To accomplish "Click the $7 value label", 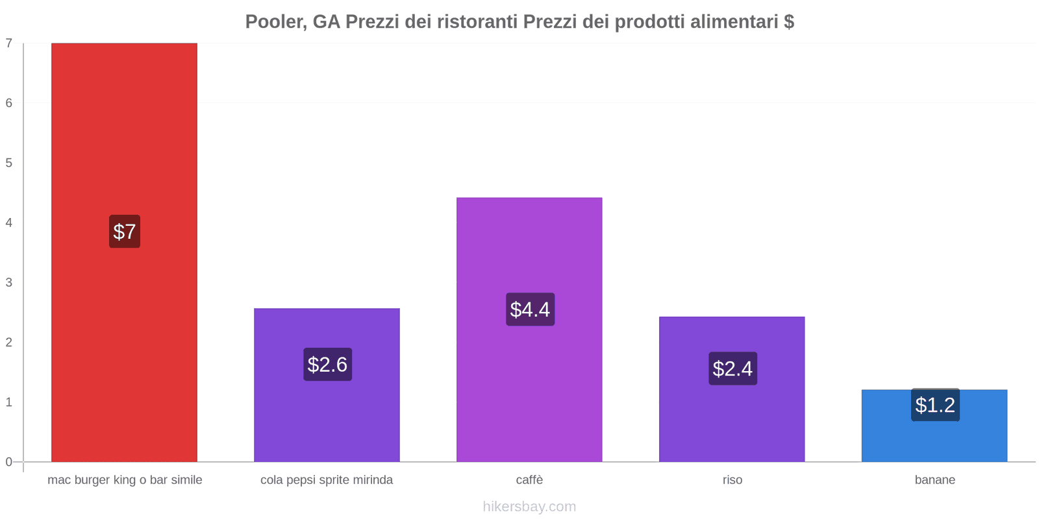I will pos(125,232).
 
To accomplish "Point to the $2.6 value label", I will pos(327,365).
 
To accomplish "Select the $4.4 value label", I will pos(530,309).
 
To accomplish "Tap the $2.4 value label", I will pos(732,368).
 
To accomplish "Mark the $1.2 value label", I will pos(935,405).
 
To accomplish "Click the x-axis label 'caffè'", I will pos(529,480).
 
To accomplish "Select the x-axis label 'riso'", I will pos(732,480).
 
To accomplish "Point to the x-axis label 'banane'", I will pos(934,480).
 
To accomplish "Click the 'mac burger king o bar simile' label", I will pos(125,480).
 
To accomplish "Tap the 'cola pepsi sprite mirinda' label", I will pos(327,480).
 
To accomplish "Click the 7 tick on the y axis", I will pos(9,43).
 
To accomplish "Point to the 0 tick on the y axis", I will pos(9,462).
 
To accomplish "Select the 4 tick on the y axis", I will pos(9,223).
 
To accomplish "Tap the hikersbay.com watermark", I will pos(529,507).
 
